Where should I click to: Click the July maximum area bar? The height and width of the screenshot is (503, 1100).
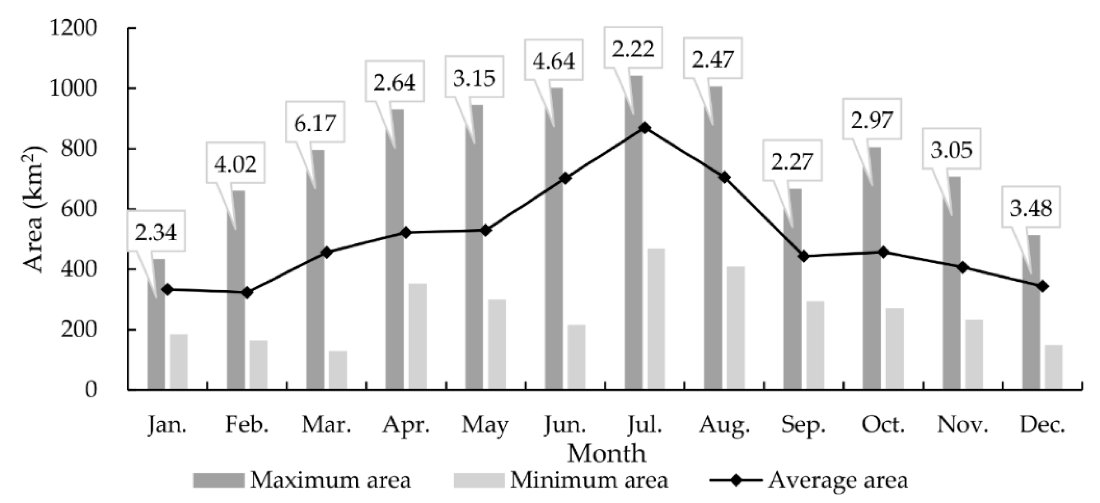click(x=633, y=233)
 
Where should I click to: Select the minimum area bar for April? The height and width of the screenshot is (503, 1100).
click(x=418, y=336)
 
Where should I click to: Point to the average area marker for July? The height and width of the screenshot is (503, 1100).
click(x=645, y=128)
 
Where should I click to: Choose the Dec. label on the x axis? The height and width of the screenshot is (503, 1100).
click(x=1042, y=425)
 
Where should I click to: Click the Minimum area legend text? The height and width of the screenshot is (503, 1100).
click(x=589, y=480)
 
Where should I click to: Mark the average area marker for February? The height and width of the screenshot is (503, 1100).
click(x=247, y=293)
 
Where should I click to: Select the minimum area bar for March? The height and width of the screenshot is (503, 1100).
click(x=338, y=370)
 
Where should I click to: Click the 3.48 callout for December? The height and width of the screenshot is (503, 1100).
click(x=1031, y=209)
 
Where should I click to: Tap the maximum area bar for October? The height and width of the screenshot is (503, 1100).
click(x=872, y=268)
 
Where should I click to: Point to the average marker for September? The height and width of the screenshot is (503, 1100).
click(x=804, y=256)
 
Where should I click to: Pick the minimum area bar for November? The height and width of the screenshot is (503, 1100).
click(x=974, y=355)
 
